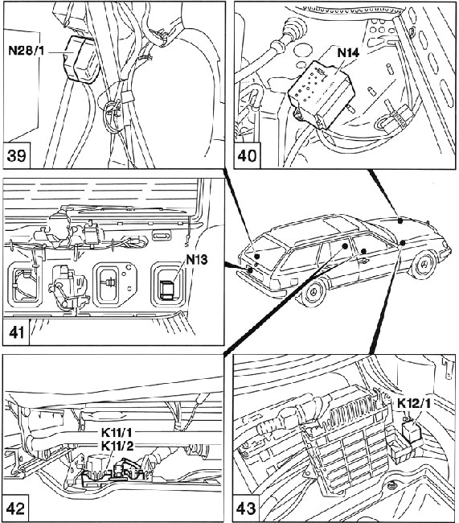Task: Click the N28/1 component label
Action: pyautogui.click(x=27, y=51)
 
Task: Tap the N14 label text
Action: pyautogui.click(x=348, y=52)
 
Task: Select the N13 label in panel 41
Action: pyautogui.click(x=197, y=259)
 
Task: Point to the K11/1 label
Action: pyautogui.click(x=117, y=433)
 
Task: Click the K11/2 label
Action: pyautogui.click(x=117, y=446)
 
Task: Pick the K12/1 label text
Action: pyautogui.click(x=414, y=404)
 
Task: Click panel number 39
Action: pyautogui.click(x=16, y=155)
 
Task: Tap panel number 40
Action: pyautogui.click(x=247, y=155)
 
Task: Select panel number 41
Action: pyautogui.click(x=16, y=332)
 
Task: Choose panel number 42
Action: pyautogui.click(x=15, y=509)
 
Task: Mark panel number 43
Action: pyautogui.click(x=246, y=509)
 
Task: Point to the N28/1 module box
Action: pyautogui.click(x=81, y=59)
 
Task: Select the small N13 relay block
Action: pyautogui.click(x=166, y=290)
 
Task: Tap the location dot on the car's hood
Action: pyautogui.click(x=400, y=220)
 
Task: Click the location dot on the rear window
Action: pyautogui.click(x=256, y=256)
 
